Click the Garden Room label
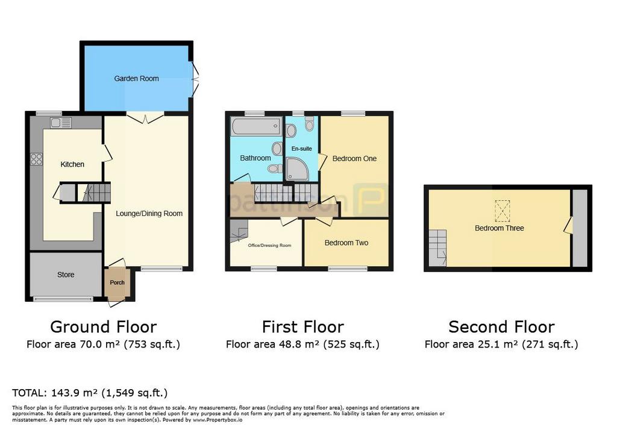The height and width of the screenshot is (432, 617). (137, 78)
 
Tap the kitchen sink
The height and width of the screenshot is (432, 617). (61, 122)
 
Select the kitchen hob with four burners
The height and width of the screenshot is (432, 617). (37, 159)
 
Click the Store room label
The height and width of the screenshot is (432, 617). (66, 275)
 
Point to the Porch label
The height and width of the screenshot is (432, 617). (117, 282)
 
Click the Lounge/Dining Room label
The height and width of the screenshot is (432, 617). (149, 214)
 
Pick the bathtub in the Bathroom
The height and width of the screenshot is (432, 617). (256, 127)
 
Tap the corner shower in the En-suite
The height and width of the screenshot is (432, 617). (298, 169)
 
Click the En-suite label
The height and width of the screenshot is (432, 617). (302, 148)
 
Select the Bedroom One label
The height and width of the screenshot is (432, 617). (354, 159)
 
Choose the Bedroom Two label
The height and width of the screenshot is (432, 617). (346, 243)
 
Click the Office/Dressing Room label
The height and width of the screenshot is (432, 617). (269, 245)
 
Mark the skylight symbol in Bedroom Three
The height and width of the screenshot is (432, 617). (502, 211)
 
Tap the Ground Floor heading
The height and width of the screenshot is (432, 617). (104, 327)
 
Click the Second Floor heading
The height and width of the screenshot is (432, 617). (502, 327)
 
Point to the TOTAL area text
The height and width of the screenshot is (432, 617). (90, 393)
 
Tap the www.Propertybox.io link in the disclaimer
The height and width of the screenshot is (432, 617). (218, 420)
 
